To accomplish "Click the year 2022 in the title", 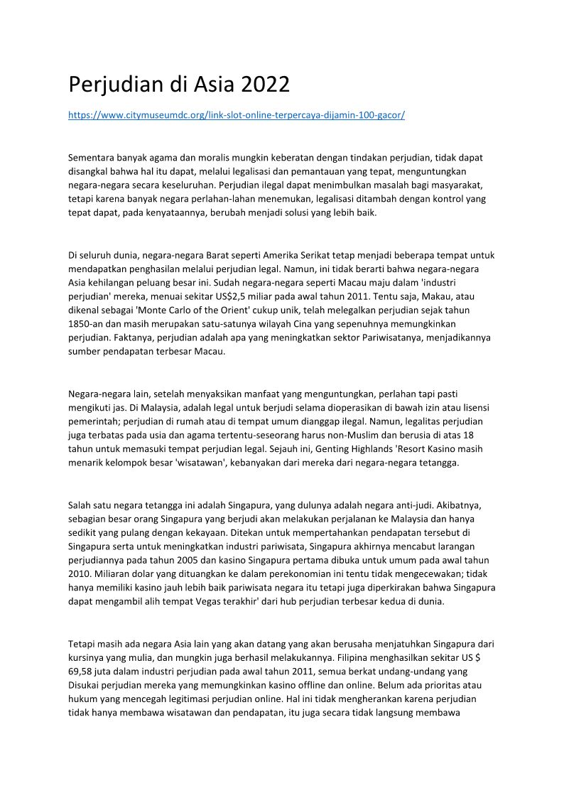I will pos(266,85).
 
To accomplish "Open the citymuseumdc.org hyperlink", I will pos(237,114).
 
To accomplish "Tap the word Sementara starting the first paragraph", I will pos(93,158).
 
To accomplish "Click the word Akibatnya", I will pos(455,505).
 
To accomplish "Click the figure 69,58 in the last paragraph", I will pos(82,670).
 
